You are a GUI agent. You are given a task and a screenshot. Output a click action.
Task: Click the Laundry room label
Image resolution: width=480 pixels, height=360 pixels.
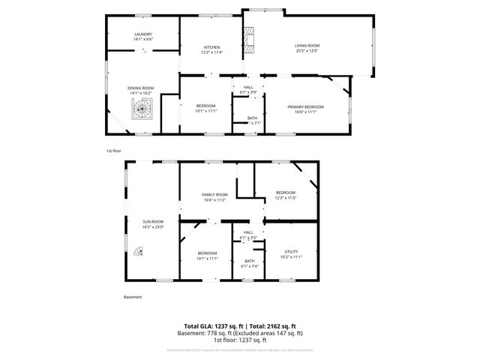[143, 34]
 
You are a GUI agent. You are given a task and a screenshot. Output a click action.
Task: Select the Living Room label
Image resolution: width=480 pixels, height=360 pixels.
[307, 46]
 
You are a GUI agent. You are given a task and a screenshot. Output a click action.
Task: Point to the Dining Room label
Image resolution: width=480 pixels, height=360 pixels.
[142, 88]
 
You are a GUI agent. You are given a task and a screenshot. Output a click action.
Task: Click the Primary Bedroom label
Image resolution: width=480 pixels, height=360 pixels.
[305, 106]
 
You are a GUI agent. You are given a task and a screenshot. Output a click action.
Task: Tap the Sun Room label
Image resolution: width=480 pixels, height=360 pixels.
[153, 221]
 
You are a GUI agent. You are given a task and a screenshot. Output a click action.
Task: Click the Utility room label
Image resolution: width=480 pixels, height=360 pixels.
[291, 251]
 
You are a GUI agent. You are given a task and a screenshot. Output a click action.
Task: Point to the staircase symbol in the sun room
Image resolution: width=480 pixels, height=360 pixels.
[136, 252]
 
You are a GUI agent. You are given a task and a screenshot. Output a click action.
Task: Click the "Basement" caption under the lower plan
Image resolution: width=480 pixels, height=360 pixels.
[132, 297]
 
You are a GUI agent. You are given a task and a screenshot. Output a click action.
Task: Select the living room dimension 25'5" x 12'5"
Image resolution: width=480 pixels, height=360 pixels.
[307, 52]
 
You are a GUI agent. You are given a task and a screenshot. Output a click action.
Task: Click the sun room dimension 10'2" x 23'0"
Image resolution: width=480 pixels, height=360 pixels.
[153, 226]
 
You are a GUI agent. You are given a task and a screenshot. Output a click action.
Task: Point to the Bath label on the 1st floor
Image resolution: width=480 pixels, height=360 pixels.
[252, 118]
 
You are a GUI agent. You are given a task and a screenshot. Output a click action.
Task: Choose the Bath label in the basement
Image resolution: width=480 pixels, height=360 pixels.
[249, 261]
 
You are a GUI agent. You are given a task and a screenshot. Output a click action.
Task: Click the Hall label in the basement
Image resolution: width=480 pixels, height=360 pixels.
[248, 232]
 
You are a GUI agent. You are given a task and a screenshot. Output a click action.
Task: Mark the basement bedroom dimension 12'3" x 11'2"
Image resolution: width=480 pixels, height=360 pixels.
[285, 198]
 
